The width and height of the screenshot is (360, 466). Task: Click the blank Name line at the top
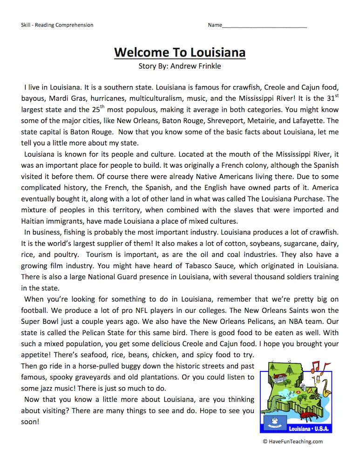[x=265, y=25]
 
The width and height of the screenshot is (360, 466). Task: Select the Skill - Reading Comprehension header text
[x=57, y=25]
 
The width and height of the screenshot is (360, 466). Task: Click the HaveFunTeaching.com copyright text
[x=292, y=442]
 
